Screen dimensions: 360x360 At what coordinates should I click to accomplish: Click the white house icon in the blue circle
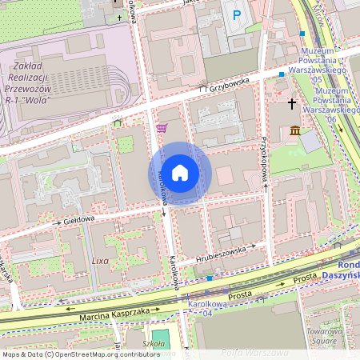180,173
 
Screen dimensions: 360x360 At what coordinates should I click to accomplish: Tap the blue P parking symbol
236,15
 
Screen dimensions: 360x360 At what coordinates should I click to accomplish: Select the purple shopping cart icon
162,128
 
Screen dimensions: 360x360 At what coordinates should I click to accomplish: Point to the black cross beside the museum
292,104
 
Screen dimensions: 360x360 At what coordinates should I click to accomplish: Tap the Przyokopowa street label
263,160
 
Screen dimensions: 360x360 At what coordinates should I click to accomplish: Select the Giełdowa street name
79,218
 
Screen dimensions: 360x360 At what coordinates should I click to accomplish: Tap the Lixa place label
100,261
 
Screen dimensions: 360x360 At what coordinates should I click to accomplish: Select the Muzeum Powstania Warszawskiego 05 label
319,64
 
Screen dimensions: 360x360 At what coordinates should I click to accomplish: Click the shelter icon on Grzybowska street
118,122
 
